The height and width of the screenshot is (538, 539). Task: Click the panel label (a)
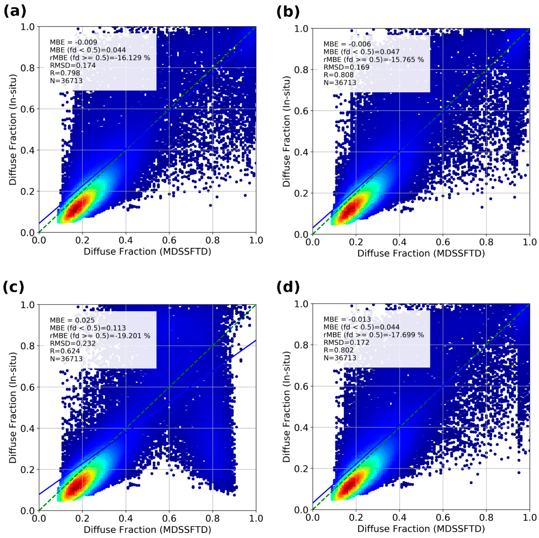point(15,12)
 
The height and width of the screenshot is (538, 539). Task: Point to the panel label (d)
point(288,287)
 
